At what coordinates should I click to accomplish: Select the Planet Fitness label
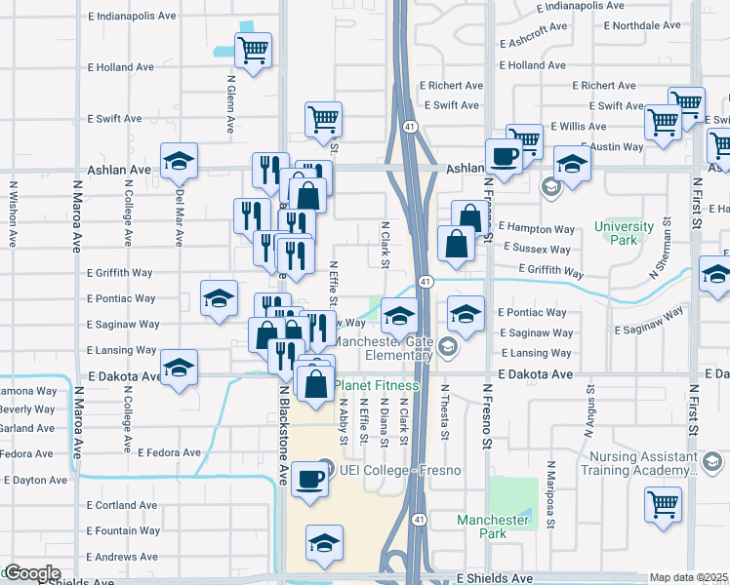(x=377, y=385)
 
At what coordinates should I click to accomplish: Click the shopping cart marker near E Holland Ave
(x=254, y=50)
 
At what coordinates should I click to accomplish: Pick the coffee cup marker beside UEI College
(x=310, y=480)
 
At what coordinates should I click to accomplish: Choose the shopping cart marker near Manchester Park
(x=663, y=504)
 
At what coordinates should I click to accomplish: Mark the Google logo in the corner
(x=32, y=573)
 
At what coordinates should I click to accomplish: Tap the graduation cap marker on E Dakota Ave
(x=179, y=370)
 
